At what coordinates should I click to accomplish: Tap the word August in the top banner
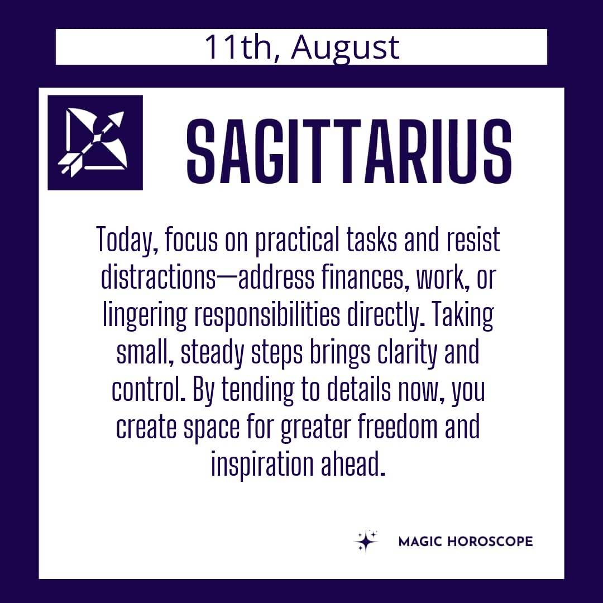coord(346,49)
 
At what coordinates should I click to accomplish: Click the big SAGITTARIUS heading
coord(349,151)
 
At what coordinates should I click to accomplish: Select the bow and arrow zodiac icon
coord(95,142)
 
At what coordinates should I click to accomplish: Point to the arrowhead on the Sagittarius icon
coord(118,118)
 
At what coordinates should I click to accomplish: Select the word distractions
coord(159,277)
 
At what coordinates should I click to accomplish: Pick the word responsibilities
coord(267,314)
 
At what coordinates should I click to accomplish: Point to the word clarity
coord(407,352)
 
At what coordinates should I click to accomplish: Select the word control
coord(148,389)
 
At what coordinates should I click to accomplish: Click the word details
coord(359,389)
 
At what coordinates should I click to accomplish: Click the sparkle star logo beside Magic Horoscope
coord(366,541)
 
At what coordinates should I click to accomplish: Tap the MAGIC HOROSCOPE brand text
coord(465,542)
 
